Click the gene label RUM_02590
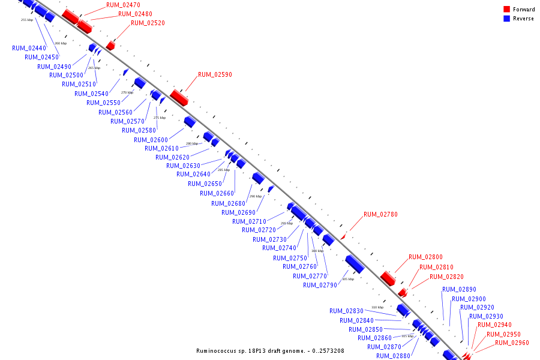pyautogui.click(x=215, y=75)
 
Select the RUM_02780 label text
pyautogui.click(x=380, y=214)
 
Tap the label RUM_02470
pyautogui.click(x=123, y=5)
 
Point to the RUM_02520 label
pyautogui.click(x=148, y=23)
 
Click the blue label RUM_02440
pyautogui.click(x=29, y=48)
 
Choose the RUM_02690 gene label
pyautogui.click(x=238, y=212)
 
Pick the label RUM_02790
pyautogui.click(x=320, y=285)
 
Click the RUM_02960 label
pyautogui.click(x=512, y=343)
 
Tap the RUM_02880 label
pyautogui.click(x=394, y=356)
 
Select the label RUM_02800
pyautogui.click(x=425, y=257)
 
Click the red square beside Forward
pyautogui.click(x=506, y=10)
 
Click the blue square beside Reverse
pyautogui.click(x=506, y=19)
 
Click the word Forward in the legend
pyautogui.click(x=524, y=10)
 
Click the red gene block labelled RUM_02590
pyautogui.click(x=179, y=97)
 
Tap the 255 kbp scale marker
pyautogui.click(x=26, y=20)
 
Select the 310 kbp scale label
pyautogui.click(x=377, y=307)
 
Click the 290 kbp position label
pyautogui.click(x=256, y=196)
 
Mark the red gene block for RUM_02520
pyautogui.click(x=110, y=46)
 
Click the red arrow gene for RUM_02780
pyautogui.click(x=343, y=237)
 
